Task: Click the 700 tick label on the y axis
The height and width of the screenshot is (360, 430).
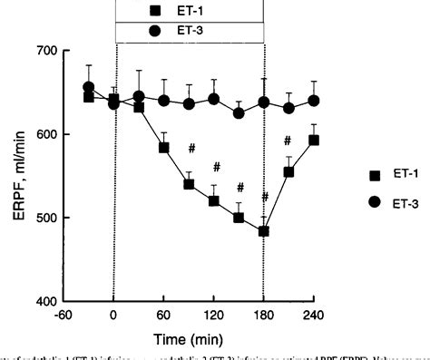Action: click(44, 51)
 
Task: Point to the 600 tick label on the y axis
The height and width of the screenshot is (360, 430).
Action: click(44, 134)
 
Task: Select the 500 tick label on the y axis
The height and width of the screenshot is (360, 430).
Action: click(44, 218)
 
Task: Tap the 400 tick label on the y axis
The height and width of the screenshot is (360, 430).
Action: click(44, 301)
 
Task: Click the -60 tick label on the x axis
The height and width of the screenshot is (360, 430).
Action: click(64, 316)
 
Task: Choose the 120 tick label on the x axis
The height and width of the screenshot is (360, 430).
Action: click(214, 316)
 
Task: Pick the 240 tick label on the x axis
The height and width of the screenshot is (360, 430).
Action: click(314, 316)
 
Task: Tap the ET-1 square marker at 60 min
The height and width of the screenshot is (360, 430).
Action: click(164, 147)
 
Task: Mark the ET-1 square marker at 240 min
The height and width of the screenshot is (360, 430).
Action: click(314, 140)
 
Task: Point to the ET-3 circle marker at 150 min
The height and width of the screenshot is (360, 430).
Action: click(239, 113)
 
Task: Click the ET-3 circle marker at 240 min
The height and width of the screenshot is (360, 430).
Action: click(314, 101)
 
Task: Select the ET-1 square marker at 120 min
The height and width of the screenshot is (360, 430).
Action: click(214, 200)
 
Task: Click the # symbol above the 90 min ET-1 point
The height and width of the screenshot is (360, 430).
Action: click(191, 148)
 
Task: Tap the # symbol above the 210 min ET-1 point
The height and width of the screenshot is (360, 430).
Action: click(288, 141)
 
